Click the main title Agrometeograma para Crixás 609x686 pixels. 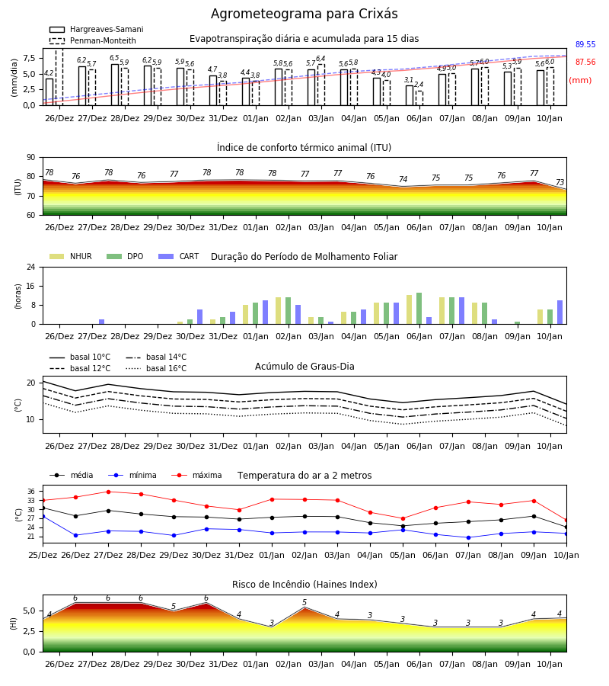[x=304, y=14]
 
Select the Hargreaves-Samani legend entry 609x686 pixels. [x=97, y=29]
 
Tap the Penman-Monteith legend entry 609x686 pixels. [x=93, y=40]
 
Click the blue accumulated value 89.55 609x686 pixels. [x=585, y=44]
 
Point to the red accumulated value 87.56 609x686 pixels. [x=585, y=62]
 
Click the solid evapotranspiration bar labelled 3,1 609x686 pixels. [x=410, y=95]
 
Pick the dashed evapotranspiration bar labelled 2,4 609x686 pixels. [x=419, y=98]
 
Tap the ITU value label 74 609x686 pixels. [x=403, y=179]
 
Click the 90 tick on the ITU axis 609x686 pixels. [x=31, y=158]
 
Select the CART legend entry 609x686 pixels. [x=179, y=256]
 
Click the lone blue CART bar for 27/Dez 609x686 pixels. [x=102, y=322]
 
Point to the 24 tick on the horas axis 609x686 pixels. [x=31, y=267]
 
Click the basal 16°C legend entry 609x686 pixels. [x=156, y=368]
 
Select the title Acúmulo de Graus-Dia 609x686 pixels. [x=304, y=366]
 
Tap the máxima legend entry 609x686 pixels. [x=197, y=475]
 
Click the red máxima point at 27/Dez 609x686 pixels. [x=108, y=492]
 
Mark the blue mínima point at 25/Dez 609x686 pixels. [x=43, y=517]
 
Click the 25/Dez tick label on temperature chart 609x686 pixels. [x=43, y=555]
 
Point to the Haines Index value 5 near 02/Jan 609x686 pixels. [x=304, y=602]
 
